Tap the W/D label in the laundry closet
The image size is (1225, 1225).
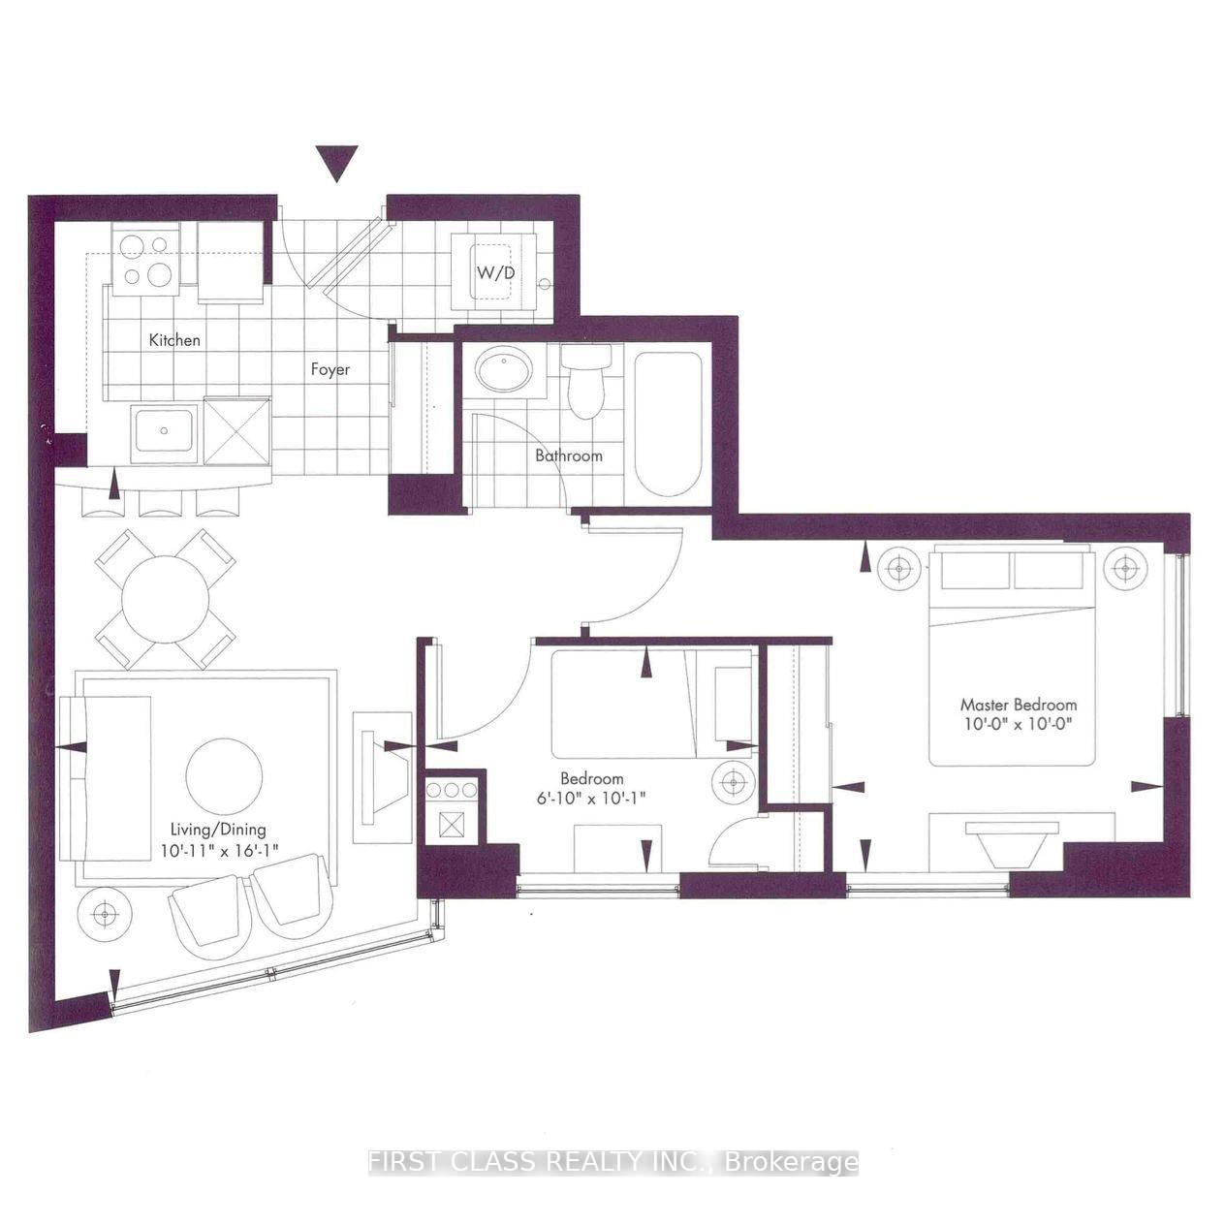pyautogui.click(x=496, y=272)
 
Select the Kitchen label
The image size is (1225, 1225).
pyautogui.click(x=174, y=340)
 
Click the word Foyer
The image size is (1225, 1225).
pyautogui.click(x=330, y=369)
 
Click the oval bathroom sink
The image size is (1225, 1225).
pyautogui.click(x=504, y=369)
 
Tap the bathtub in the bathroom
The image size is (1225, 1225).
pyautogui.click(x=668, y=424)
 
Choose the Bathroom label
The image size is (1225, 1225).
pyautogui.click(x=569, y=455)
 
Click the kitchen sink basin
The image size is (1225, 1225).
pyautogui.click(x=164, y=429)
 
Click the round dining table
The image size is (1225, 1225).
pyautogui.click(x=166, y=600)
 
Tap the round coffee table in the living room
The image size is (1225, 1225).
pyautogui.click(x=225, y=776)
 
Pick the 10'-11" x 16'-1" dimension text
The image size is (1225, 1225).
pyautogui.click(x=220, y=851)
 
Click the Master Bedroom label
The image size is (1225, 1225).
pyautogui.click(x=1019, y=705)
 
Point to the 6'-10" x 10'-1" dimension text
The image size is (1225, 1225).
pyautogui.click(x=592, y=799)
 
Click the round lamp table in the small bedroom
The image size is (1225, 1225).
pyautogui.click(x=733, y=781)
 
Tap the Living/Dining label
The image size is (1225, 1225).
pyautogui.click(x=218, y=830)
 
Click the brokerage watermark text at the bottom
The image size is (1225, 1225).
pyautogui.click(x=613, y=1163)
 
